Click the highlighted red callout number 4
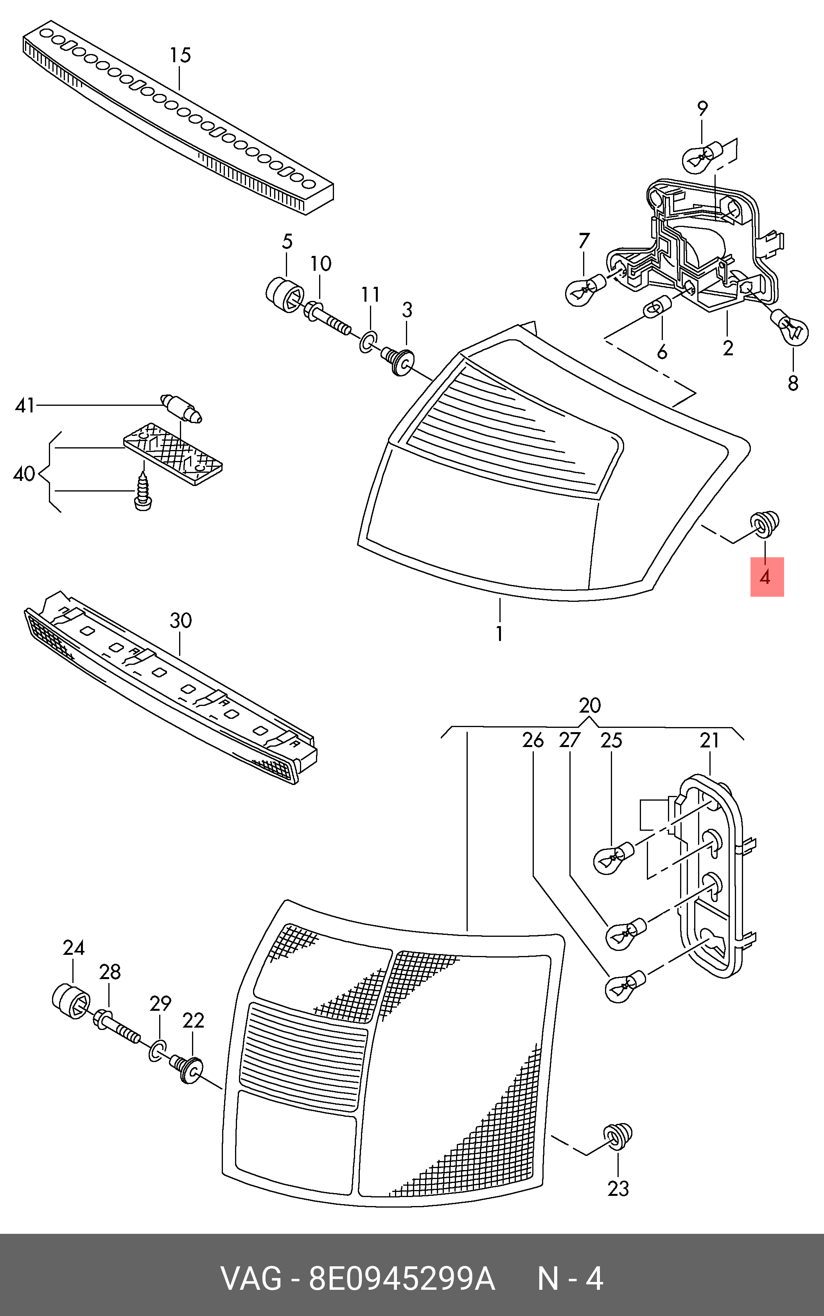pyautogui.click(x=766, y=577)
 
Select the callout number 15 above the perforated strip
pyautogui.click(x=180, y=56)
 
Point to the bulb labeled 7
pyautogui.click(x=585, y=287)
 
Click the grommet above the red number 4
pyautogui.click(x=765, y=522)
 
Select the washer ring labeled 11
pyautogui.click(x=368, y=342)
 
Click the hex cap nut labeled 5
pyautogui.click(x=285, y=295)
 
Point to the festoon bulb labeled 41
pyautogui.click(x=182, y=408)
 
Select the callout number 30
pyautogui.click(x=180, y=620)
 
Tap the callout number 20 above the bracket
pyautogui.click(x=590, y=706)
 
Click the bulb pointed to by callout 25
pyautogui.click(x=614, y=857)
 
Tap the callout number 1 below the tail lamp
pyautogui.click(x=499, y=634)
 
